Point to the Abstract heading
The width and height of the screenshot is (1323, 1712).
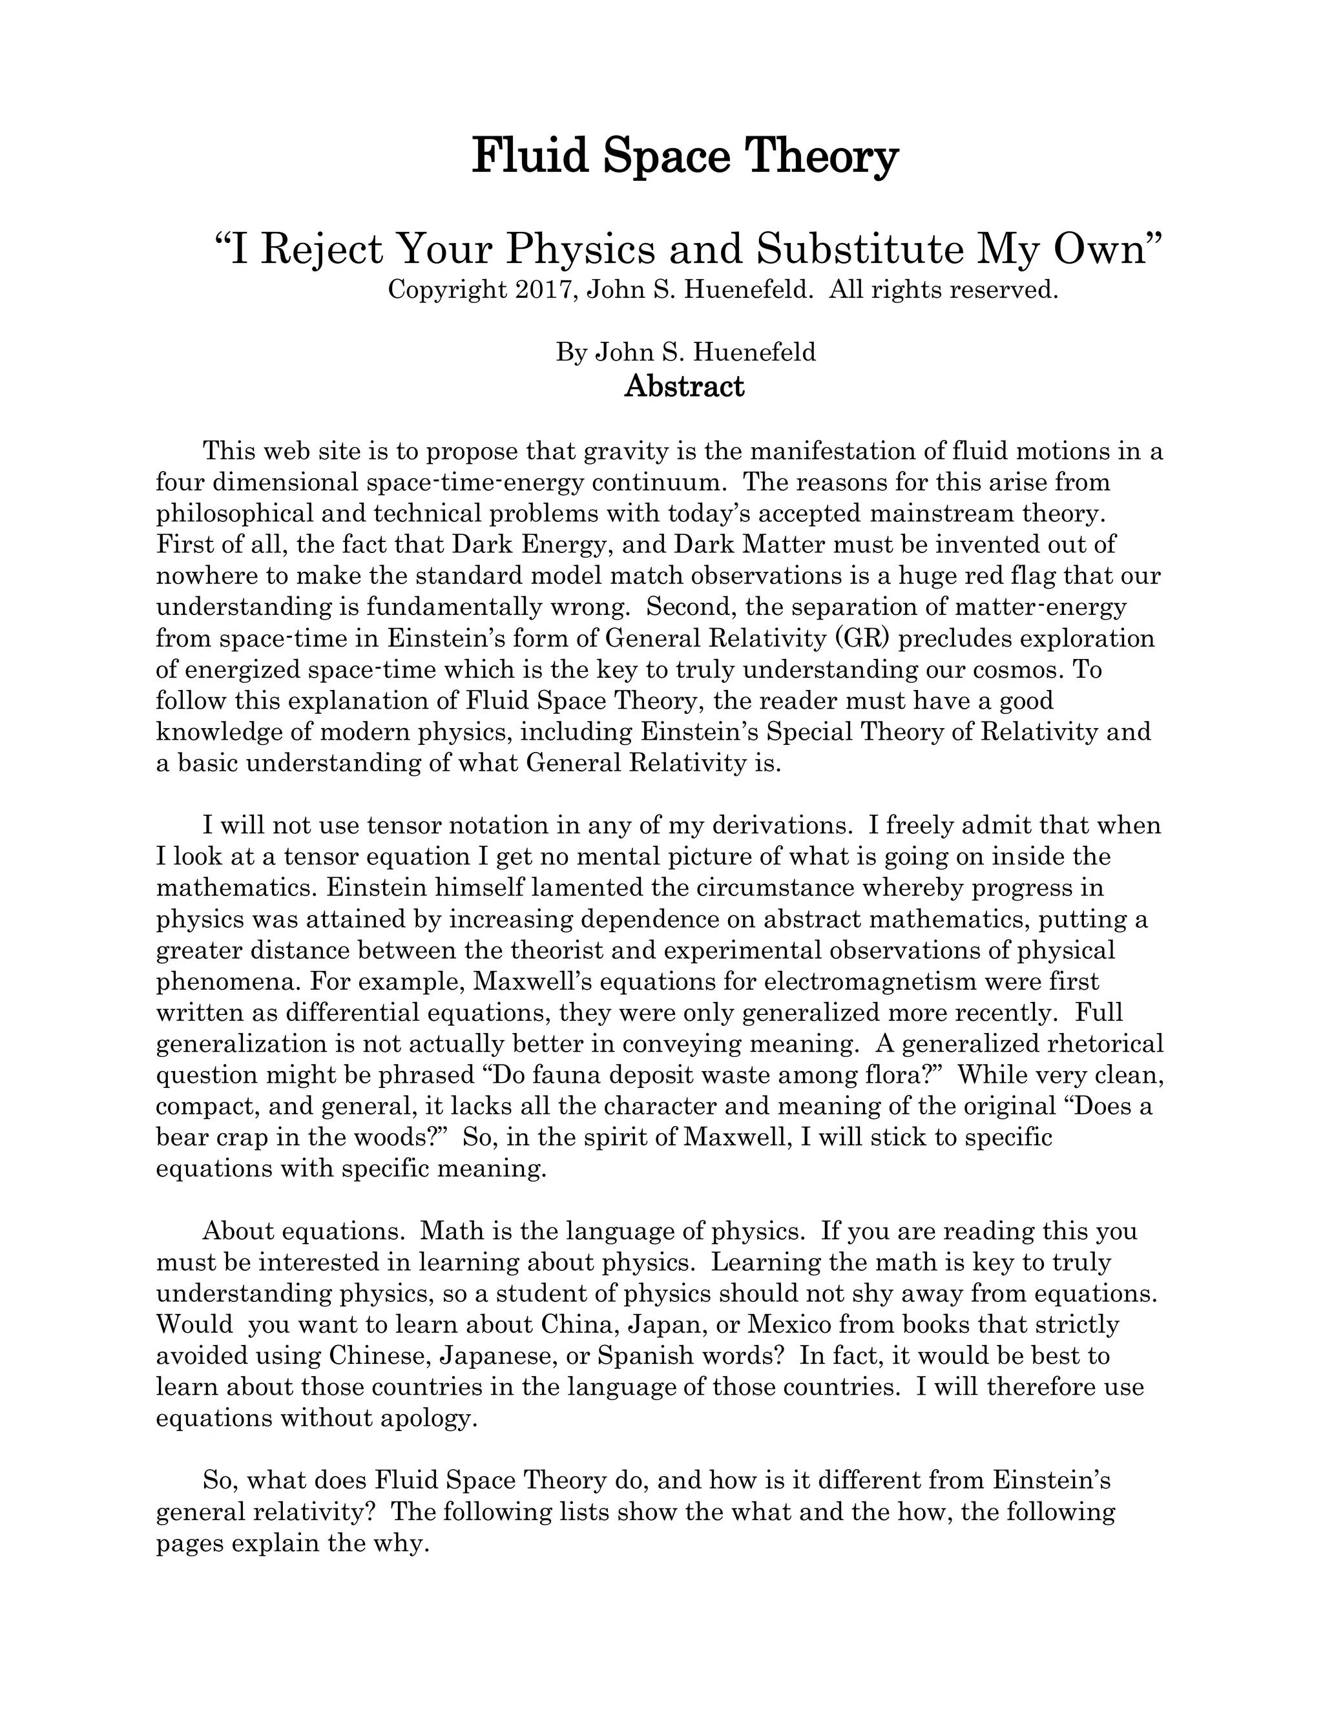tap(684, 386)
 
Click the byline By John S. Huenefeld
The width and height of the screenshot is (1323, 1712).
tap(686, 352)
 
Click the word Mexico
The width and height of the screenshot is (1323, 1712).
tap(789, 1325)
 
